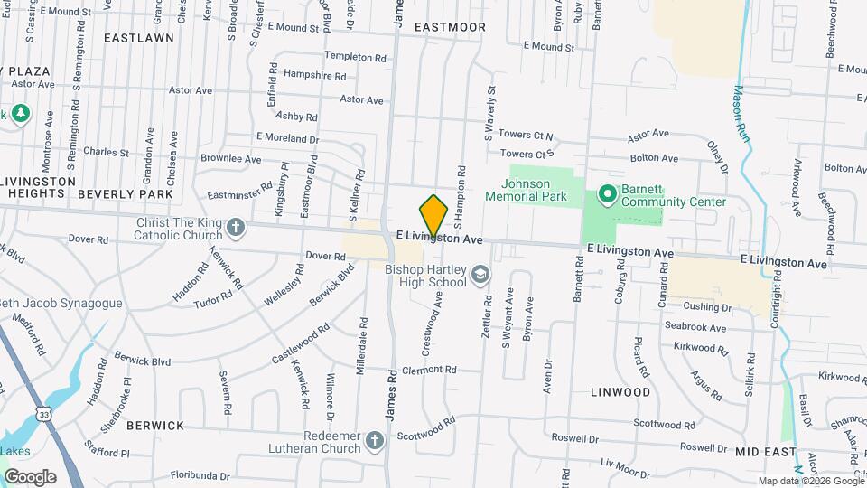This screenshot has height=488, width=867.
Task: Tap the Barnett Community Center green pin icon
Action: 608,193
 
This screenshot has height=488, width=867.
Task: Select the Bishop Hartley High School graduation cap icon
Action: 481,273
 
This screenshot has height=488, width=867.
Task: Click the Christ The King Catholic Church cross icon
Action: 236,226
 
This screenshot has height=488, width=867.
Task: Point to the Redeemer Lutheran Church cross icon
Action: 375,441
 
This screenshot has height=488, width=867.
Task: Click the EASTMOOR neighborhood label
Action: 450,27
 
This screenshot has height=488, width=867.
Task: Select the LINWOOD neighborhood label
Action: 620,392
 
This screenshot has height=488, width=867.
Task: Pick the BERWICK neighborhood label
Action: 155,425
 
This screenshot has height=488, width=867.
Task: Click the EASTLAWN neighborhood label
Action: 138,38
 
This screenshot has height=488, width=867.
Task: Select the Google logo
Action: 30,476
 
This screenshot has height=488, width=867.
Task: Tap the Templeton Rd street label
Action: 355,56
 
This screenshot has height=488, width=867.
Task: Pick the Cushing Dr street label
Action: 708,307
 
